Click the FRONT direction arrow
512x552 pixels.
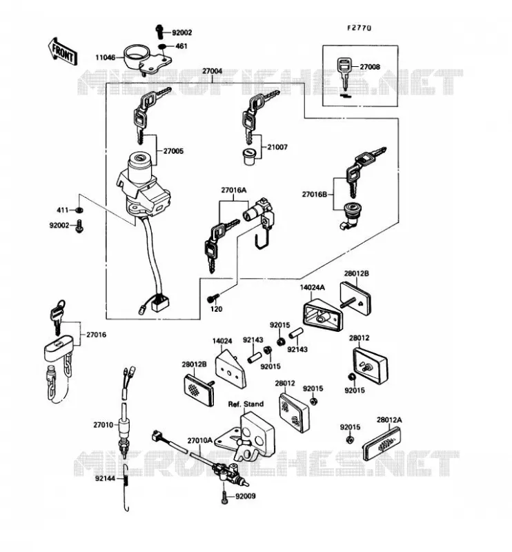click(63, 51)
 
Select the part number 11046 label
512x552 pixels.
click(105, 57)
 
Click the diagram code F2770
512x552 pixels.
click(360, 28)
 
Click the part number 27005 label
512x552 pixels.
click(173, 151)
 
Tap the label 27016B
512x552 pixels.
click(315, 194)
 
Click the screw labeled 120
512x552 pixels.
click(213, 298)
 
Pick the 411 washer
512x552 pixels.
click(79, 210)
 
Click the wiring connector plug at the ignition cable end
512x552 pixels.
click(160, 303)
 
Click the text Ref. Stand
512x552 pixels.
click(246, 404)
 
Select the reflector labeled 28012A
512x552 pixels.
click(382, 443)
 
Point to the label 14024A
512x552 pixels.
click(313, 288)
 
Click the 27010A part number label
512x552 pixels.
click(199, 440)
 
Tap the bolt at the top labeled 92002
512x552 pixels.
click(159, 32)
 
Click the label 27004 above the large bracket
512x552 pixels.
click(212, 71)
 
